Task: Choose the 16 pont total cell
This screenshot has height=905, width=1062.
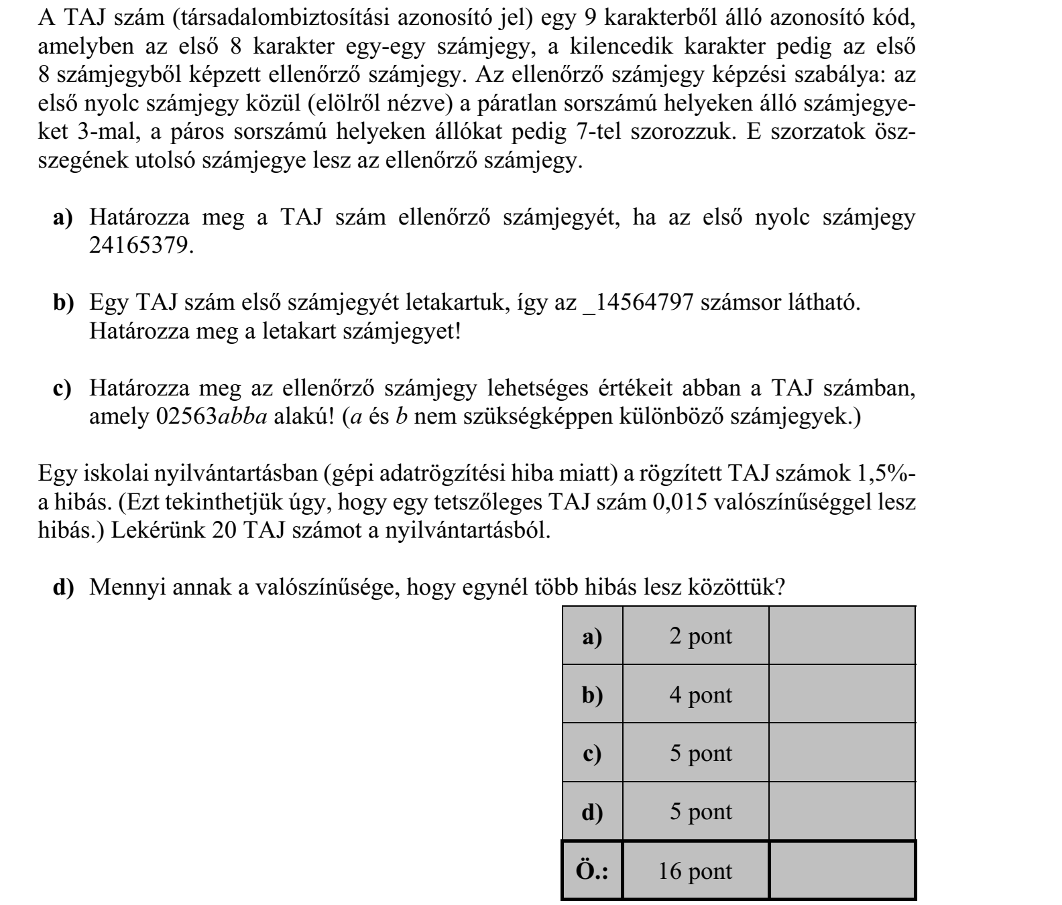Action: [695, 871]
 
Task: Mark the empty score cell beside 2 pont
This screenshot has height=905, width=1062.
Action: [842, 636]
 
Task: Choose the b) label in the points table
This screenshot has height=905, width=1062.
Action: [592, 695]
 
